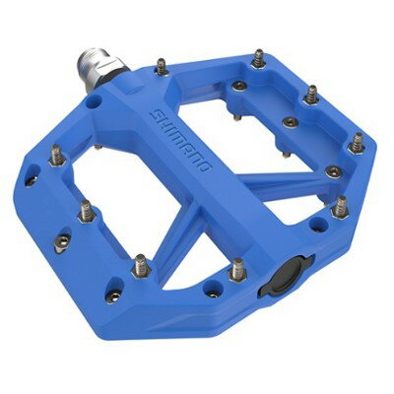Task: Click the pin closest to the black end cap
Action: click(236, 269)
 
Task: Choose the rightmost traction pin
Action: click(357, 143)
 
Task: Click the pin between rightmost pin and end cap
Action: click(341, 206)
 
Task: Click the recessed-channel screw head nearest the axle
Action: click(238, 86)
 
